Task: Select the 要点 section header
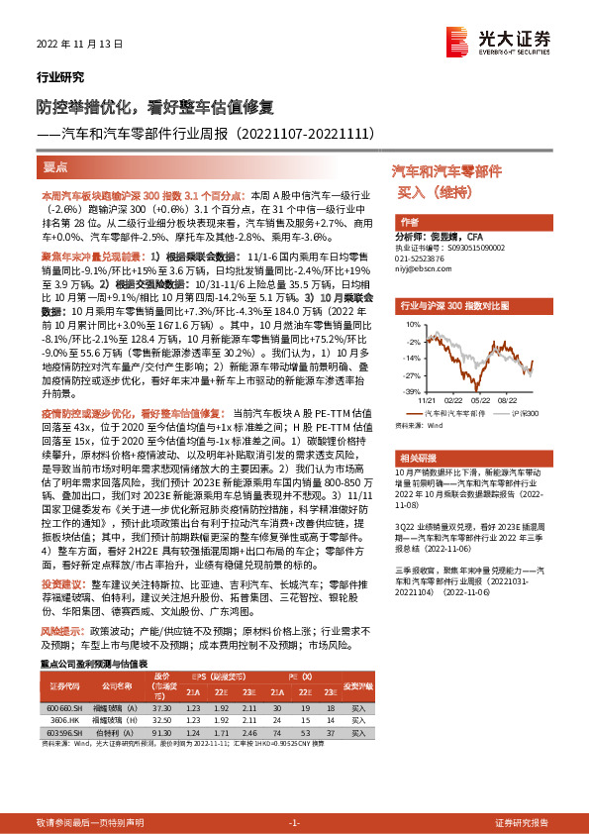(55, 167)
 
